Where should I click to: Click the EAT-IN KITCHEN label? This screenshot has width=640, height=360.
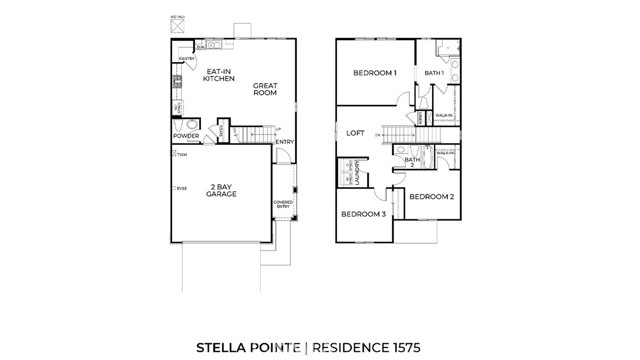[x=219, y=75]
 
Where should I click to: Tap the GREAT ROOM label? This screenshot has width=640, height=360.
[x=265, y=88]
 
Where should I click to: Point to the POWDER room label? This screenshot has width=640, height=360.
[x=185, y=135]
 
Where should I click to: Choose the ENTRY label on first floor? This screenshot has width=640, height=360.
[x=284, y=140]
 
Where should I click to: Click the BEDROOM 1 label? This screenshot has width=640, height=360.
[x=375, y=73]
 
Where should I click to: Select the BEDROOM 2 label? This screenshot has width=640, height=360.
[x=433, y=196]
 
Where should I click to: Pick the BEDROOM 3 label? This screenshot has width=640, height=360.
[x=363, y=214]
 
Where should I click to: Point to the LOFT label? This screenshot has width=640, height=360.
[x=355, y=132]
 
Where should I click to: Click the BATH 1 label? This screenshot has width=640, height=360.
[x=434, y=73]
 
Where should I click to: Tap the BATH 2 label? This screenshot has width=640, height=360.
[x=411, y=161]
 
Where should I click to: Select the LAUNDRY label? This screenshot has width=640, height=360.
[x=357, y=173]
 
